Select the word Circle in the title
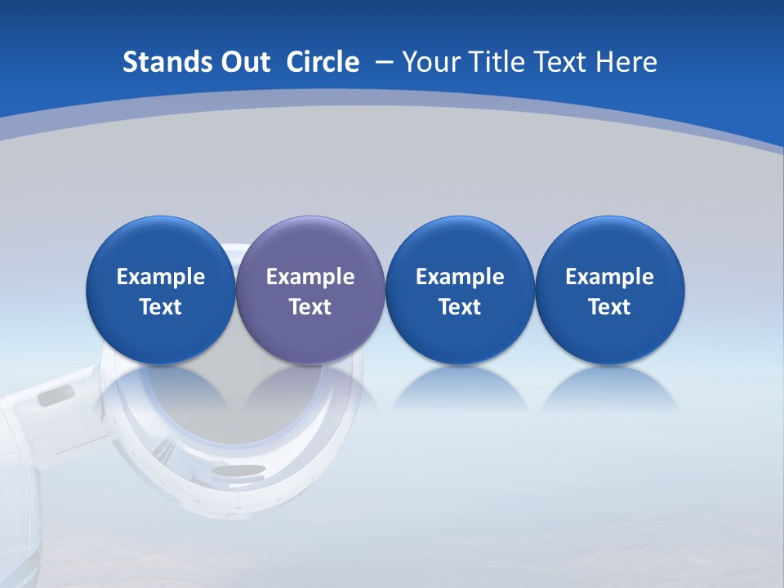pyautogui.click(x=323, y=62)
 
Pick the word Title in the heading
pyautogui.click(x=497, y=62)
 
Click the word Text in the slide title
pyautogui.click(x=562, y=62)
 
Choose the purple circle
pyautogui.click(x=310, y=290)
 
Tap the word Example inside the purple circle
pyautogui.click(x=310, y=277)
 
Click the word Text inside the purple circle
pyautogui.click(x=310, y=307)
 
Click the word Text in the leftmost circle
pyautogui.click(x=160, y=307)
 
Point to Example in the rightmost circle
pyautogui.click(x=609, y=277)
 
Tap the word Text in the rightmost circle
pyautogui.click(x=609, y=307)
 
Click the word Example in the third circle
pyautogui.click(x=460, y=277)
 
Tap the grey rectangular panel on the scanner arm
pyautogui.click(x=56, y=396)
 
